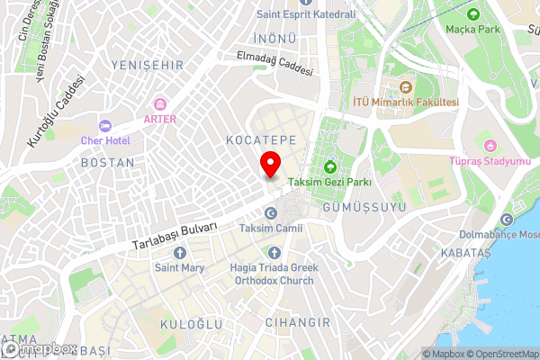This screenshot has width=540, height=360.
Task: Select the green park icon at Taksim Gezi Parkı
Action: coord(329,166)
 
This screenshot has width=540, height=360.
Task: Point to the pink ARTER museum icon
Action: coord(160,103)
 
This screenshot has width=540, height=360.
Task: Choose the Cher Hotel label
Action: coord(105,140)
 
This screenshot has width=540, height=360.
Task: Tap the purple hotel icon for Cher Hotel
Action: coord(105,125)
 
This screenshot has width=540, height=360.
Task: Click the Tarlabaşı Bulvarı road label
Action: coord(175,237)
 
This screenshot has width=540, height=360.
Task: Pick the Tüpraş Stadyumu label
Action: coord(490,162)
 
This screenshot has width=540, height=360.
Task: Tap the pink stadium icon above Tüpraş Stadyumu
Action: coord(490,146)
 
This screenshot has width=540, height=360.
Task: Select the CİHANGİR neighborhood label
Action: coord(292,321)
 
